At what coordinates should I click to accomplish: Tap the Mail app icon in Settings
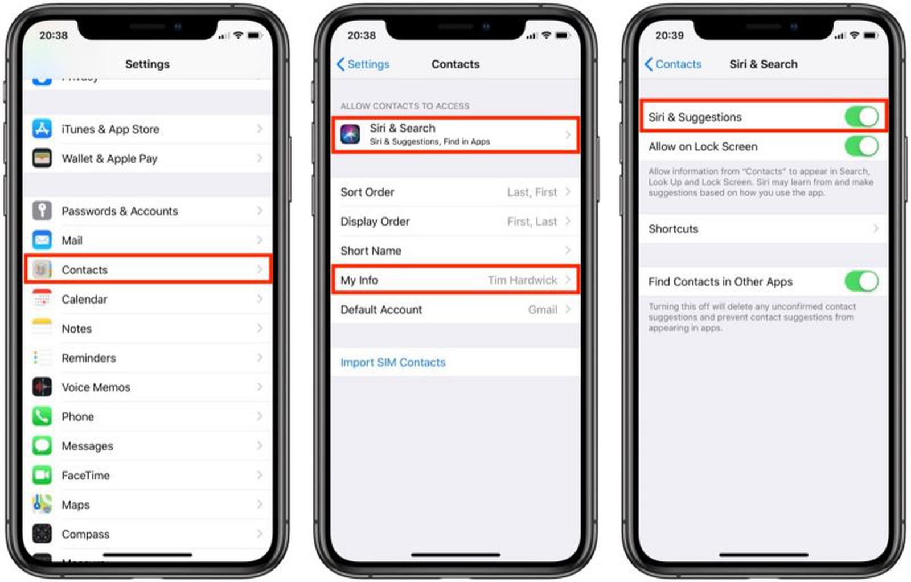(42, 240)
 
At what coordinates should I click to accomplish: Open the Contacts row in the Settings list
(148, 270)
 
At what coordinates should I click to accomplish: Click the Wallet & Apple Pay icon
(42, 158)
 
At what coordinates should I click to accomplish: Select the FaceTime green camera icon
(42, 475)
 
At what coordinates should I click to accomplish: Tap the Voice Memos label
(96, 387)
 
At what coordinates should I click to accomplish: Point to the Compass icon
(42, 534)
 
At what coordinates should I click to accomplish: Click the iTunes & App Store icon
(42, 129)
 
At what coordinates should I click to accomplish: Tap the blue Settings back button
(363, 64)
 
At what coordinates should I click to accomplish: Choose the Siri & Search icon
(350, 134)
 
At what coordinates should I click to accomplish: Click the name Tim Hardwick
(522, 280)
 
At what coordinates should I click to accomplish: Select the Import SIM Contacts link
(393, 363)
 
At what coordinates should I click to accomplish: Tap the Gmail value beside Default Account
(542, 310)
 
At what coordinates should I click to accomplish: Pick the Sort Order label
(367, 192)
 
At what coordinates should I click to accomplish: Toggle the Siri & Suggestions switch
(861, 117)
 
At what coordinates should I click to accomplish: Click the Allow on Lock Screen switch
(861, 146)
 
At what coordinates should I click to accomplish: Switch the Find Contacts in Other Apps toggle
(861, 281)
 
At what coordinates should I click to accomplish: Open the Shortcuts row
(763, 229)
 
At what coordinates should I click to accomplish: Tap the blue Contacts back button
(673, 64)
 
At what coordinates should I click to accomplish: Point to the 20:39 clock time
(670, 35)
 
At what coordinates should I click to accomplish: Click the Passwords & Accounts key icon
(42, 211)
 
